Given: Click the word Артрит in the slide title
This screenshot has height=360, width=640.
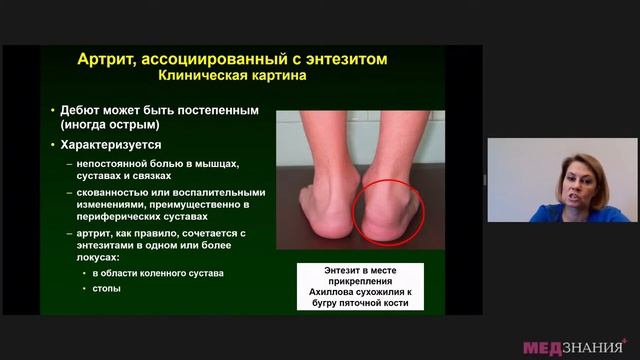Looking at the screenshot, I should point(108,60).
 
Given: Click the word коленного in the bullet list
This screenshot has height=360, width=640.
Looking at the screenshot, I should point(164,273).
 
